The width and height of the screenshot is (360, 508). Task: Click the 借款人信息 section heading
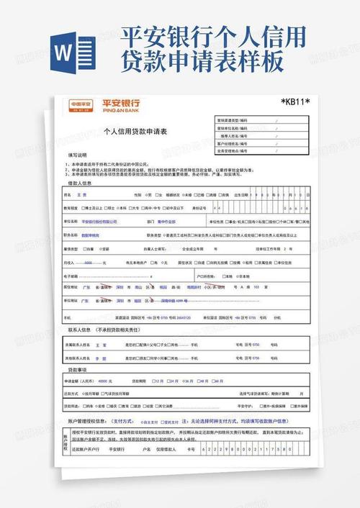80,183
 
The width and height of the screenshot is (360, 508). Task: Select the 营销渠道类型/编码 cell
233,119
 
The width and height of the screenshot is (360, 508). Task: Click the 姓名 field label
68,195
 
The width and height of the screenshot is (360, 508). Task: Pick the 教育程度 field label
70,208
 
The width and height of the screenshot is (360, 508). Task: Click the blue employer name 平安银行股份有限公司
99,222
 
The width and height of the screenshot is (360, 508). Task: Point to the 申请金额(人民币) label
79,381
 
